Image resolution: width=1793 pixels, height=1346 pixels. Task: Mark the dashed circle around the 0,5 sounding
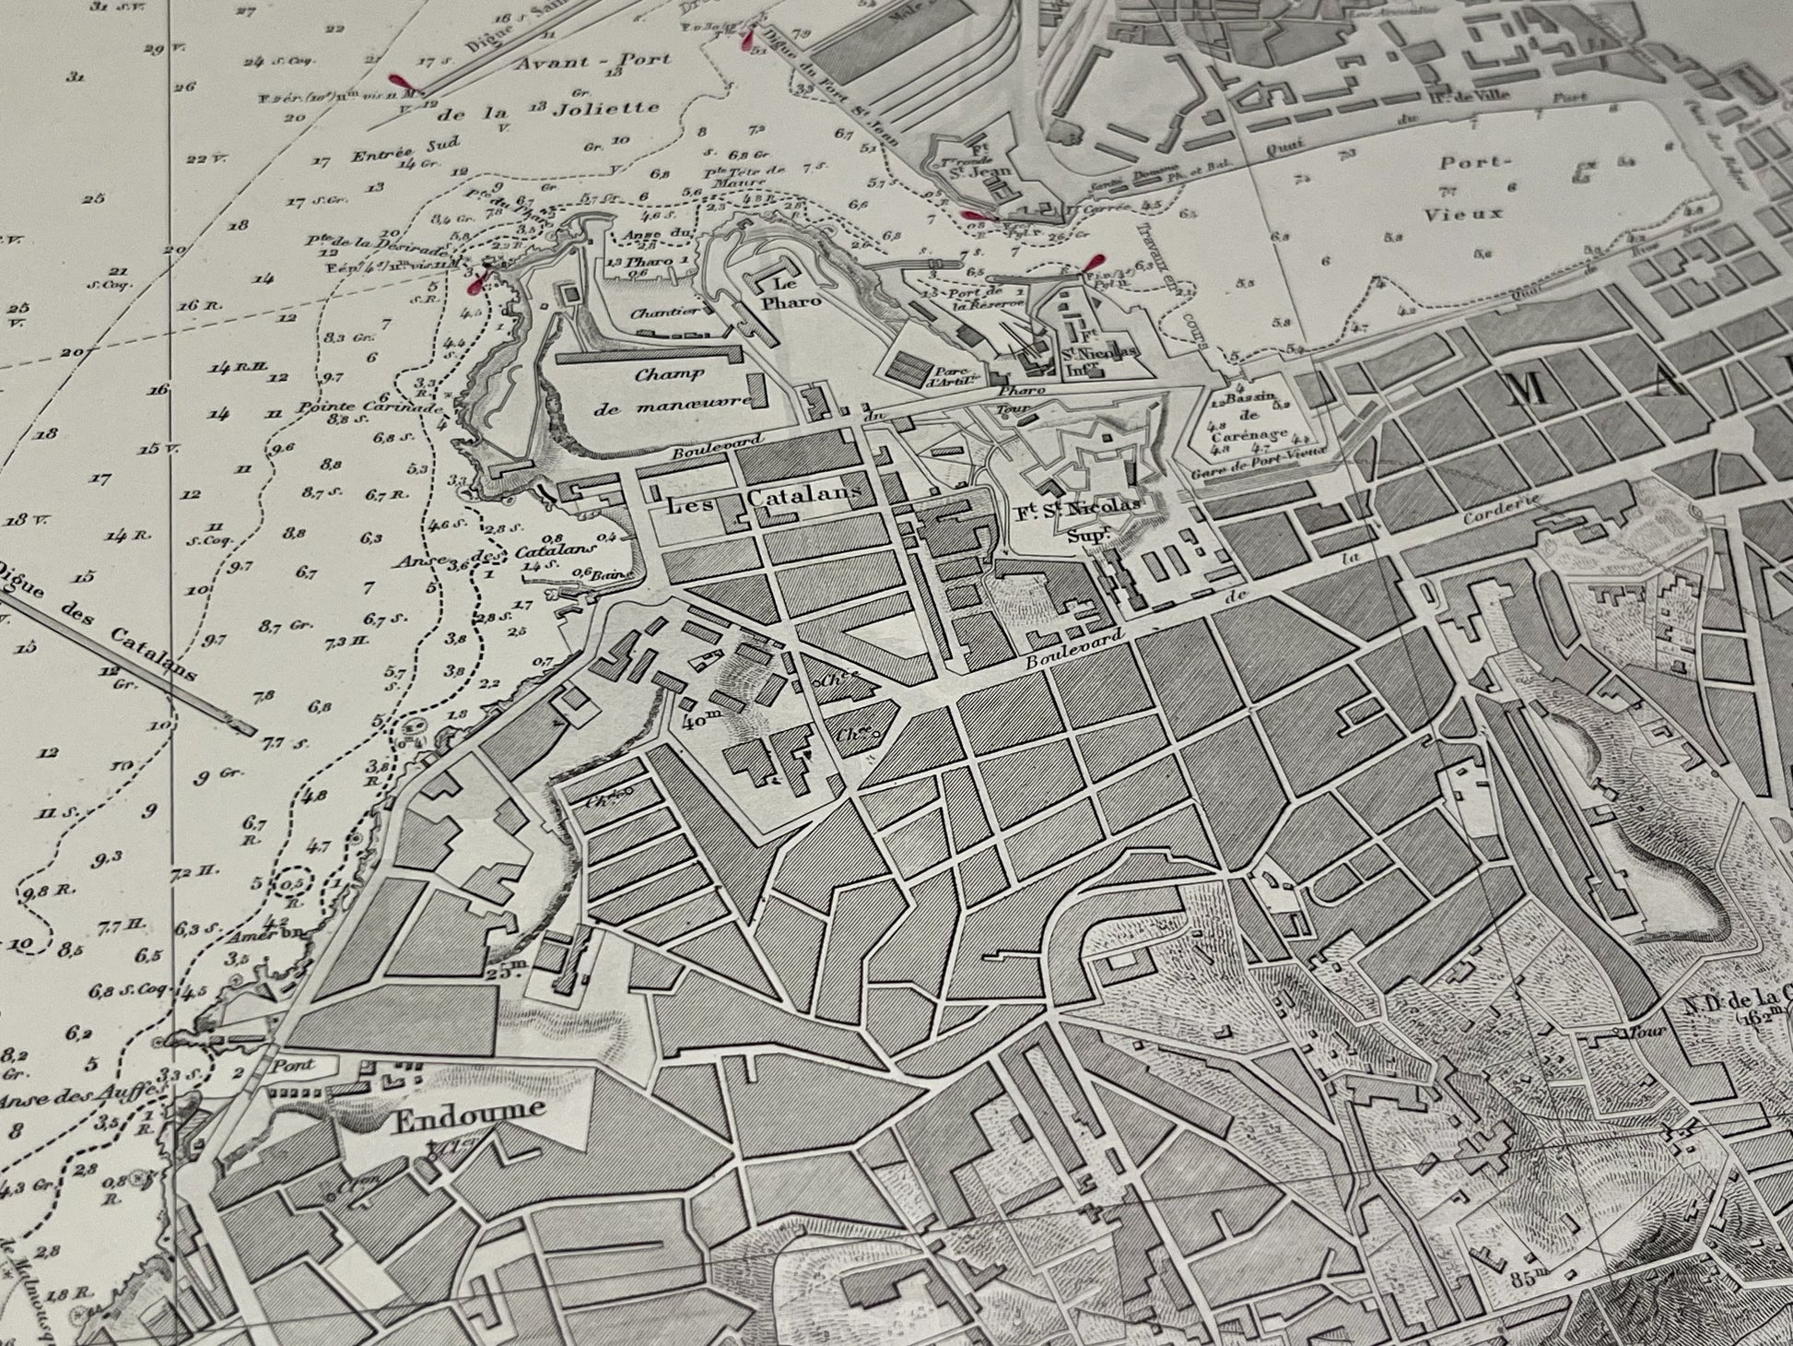(x=294, y=883)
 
